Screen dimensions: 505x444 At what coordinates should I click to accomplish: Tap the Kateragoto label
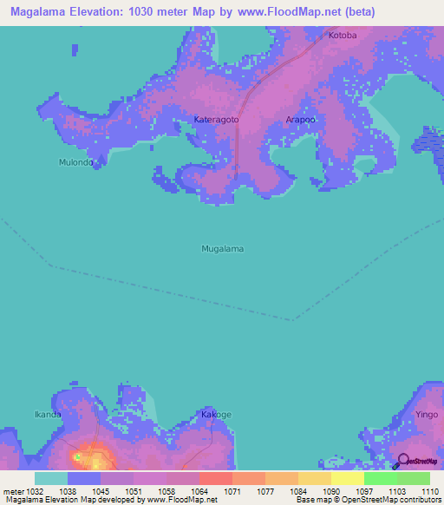[216, 119]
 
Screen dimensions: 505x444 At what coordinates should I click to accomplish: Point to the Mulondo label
[75, 162]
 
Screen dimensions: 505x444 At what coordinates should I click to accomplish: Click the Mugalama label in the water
[222, 249]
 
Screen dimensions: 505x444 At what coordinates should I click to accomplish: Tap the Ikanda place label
[48, 414]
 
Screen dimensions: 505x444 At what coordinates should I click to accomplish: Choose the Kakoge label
[216, 415]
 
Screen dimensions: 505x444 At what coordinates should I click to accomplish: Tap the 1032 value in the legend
[35, 490]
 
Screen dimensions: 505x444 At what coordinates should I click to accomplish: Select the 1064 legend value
[199, 490]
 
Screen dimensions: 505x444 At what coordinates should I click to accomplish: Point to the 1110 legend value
[430, 490]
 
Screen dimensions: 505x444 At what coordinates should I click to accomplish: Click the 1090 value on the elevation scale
[331, 490]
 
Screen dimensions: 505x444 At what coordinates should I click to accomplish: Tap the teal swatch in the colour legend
[51, 478]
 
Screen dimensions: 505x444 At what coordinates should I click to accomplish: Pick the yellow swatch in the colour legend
[348, 478]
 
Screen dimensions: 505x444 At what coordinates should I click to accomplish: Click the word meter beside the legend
[12, 490]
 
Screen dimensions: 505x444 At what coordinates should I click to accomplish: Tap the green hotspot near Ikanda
[77, 456]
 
